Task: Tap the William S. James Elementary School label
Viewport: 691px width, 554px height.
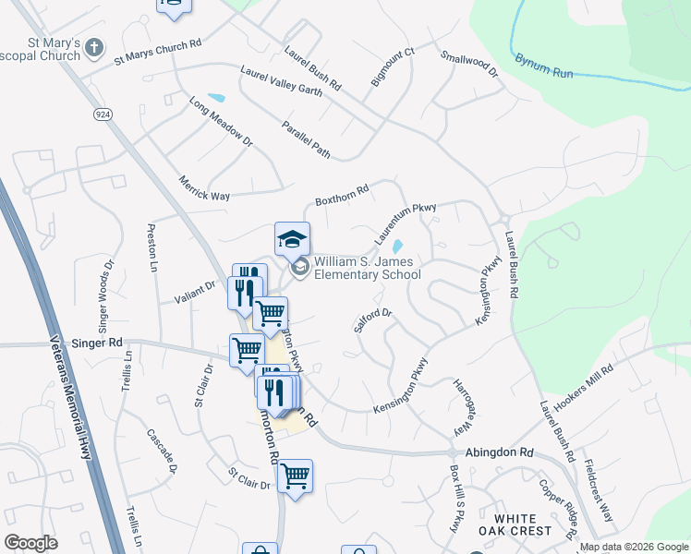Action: (x=367, y=268)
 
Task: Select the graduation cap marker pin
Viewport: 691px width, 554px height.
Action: (x=292, y=240)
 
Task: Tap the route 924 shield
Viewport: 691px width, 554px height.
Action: (x=102, y=113)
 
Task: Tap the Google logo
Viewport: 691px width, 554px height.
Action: (x=30, y=543)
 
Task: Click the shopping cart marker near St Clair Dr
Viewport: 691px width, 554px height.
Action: (x=295, y=476)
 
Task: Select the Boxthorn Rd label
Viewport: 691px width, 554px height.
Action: (x=342, y=194)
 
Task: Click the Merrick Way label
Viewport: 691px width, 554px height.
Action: (x=204, y=189)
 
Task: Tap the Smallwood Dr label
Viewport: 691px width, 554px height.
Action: (x=469, y=64)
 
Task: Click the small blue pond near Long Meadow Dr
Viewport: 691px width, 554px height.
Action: (x=216, y=98)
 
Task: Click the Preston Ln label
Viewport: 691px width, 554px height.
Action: (x=152, y=247)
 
